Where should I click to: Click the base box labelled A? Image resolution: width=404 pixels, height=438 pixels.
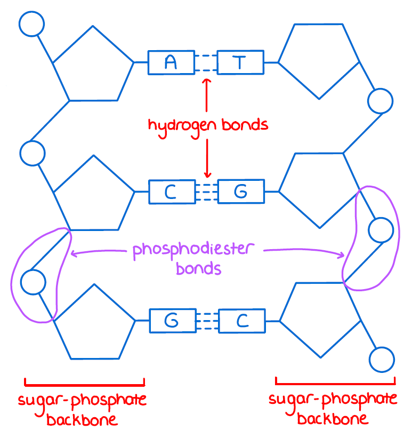point(171,62)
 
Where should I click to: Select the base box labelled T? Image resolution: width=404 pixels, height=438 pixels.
point(240,62)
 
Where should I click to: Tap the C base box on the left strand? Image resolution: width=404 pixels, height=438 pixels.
point(171,192)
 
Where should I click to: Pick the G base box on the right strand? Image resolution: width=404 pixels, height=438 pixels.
point(241,192)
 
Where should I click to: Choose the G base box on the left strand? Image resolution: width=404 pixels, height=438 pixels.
point(172,321)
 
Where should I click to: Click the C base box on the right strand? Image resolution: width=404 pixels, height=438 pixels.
point(242,321)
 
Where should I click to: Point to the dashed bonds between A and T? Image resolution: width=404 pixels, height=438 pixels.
point(206,62)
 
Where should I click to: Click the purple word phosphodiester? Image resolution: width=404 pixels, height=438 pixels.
point(194,250)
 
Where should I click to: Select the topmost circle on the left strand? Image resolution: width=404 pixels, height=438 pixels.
point(31,23)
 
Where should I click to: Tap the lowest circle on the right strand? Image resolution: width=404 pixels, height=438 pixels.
point(381,360)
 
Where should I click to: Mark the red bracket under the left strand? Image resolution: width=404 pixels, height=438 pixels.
point(84,383)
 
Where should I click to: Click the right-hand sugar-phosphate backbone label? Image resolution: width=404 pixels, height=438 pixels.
point(333,408)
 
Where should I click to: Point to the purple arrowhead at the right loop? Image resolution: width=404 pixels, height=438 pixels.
point(342,256)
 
